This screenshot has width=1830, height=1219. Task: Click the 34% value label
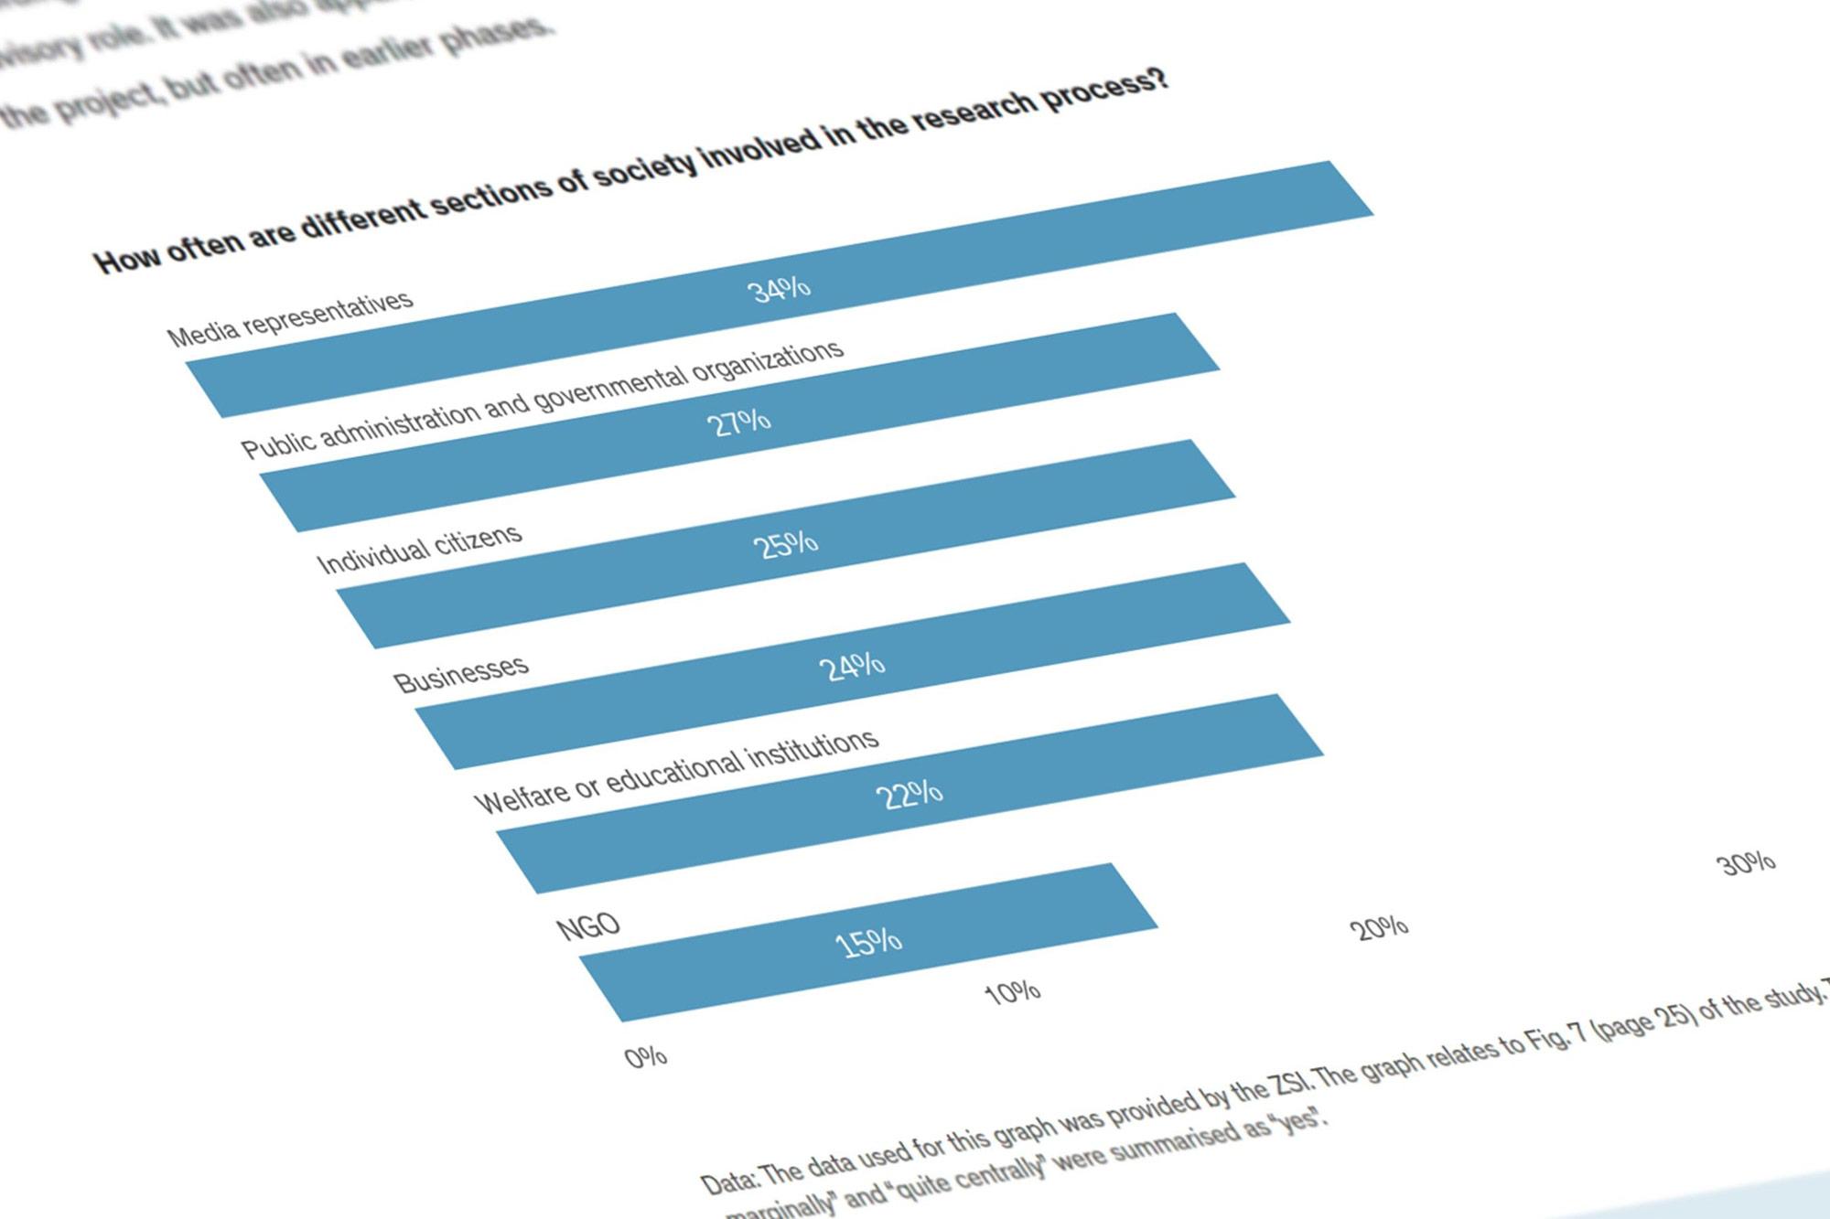pyautogui.click(x=779, y=290)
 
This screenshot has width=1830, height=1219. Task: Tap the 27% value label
pyautogui.click(x=738, y=422)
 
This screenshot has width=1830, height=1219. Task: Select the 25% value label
pyautogui.click(x=785, y=545)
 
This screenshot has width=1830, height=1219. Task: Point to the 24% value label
pyautogui.click(x=851, y=667)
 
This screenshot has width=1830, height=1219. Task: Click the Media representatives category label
pyautogui.click(x=290, y=319)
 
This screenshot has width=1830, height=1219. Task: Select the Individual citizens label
pyautogui.click(x=419, y=549)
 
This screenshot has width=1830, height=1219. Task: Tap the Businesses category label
pyautogui.click(x=461, y=673)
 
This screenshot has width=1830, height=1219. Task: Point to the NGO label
pyautogui.click(x=588, y=927)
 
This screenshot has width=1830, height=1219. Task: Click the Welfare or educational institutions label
pyautogui.click(x=676, y=772)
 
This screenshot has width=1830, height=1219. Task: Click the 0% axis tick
pyautogui.click(x=646, y=1057)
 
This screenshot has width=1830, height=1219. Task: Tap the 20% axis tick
pyautogui.click(x=1379, y=928)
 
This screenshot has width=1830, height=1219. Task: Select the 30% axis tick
pyautogui.click(x=1747, y=863)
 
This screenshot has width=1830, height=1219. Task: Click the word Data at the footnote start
pyautogui.click(x=727, y=1181)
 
